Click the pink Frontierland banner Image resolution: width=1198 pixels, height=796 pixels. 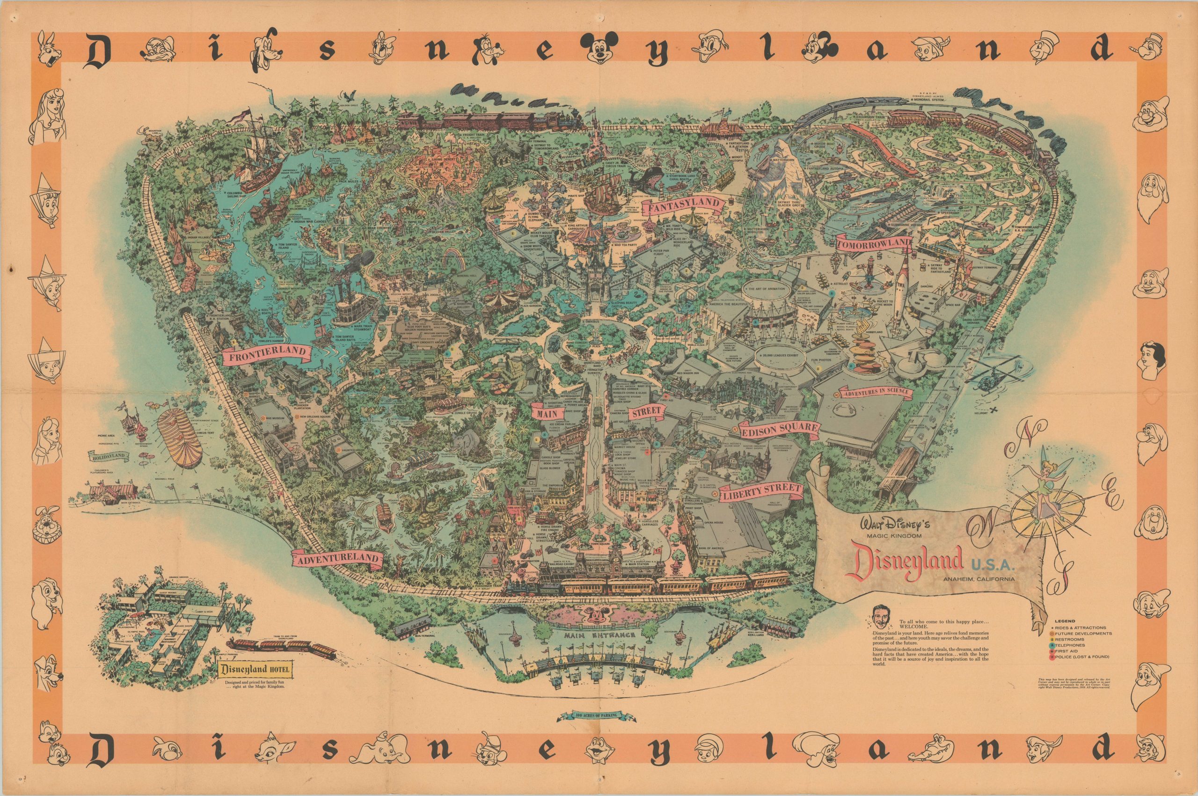click(x=266, y=355)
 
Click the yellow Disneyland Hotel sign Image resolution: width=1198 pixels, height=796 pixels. click(x=256, y=669)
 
